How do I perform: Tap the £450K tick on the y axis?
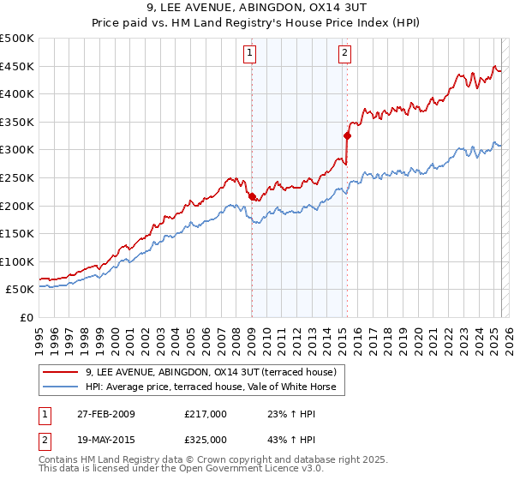click(x=17, y=66)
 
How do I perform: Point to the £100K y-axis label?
click(x=17, y=261)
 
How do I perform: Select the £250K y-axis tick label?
click(x=17, y=177)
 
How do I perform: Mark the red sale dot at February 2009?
click(x=252, y=196)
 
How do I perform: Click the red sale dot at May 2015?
click(x=347, y=135)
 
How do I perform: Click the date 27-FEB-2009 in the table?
click(x=105, y=414)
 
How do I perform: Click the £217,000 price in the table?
click(x=206, y=414)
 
